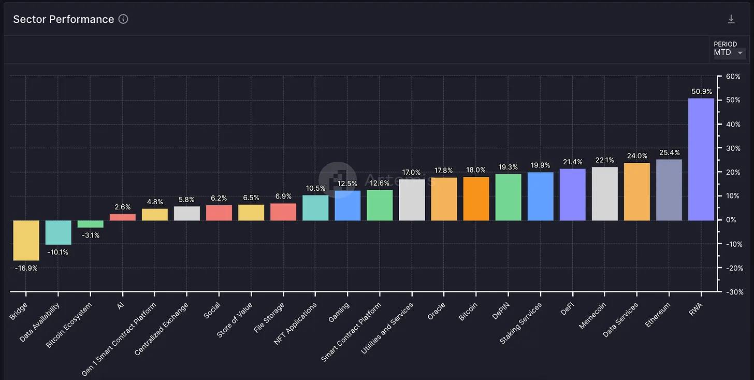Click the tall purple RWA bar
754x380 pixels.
[701, 159]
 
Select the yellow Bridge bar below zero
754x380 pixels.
[26, 240]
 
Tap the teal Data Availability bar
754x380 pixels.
[58, 232]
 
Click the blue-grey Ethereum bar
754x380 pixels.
[669, 190]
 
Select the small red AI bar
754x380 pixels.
[122, 217]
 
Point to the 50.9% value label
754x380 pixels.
[701, 92]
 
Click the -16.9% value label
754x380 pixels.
[26, 268]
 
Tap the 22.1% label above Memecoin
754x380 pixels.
[604, 160]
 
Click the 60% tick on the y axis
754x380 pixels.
[733, 76]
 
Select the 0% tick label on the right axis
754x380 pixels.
[731, 220]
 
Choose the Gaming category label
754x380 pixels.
[339, 313]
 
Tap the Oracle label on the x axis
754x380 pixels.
[437, 312]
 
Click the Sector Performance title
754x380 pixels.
[63, 19]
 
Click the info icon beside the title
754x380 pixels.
[123, 19]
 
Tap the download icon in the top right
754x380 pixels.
[731, 19]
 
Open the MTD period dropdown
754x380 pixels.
[729, 52]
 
